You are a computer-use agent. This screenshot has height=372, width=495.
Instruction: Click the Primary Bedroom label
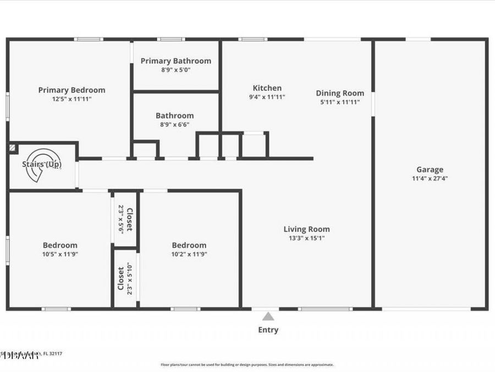71,90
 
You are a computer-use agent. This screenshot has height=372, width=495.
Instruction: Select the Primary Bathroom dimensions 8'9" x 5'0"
175,70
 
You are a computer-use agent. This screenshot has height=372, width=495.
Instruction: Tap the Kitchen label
267,88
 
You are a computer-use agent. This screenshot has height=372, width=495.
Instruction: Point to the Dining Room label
339,93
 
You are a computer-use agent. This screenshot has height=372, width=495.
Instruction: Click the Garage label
430,170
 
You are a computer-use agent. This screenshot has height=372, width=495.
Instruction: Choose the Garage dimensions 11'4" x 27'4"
430,179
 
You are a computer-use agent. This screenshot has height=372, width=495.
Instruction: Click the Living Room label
306,229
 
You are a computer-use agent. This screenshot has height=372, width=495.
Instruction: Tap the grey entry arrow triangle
268,316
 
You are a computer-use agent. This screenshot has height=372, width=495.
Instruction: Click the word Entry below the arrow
268,330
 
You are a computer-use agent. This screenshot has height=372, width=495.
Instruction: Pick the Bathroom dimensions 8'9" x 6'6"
174,125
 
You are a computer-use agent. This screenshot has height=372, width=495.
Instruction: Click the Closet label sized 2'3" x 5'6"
129,219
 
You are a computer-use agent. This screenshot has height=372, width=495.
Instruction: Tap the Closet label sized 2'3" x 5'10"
120,279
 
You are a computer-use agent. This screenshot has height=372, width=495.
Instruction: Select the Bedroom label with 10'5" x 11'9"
60,245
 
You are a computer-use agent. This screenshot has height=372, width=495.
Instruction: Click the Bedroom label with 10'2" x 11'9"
189,245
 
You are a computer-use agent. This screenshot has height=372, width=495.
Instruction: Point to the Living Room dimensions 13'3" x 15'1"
306,238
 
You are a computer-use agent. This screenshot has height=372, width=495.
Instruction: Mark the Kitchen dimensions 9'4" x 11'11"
267,96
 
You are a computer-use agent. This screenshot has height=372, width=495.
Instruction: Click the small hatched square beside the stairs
12,148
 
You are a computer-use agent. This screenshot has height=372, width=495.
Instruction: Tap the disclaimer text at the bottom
247,364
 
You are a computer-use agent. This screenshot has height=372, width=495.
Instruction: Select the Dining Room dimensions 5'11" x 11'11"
339,102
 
